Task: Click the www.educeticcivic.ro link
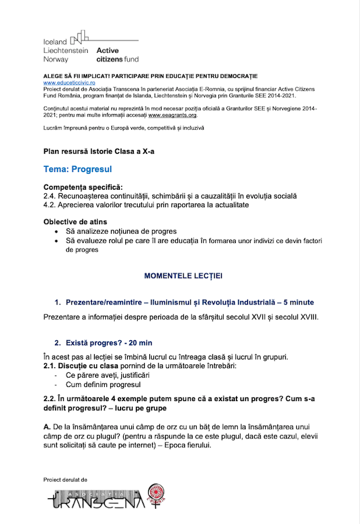pyautogui.click(x=66, y=83)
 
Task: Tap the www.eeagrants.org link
pyautogui.click(x=172, y=115)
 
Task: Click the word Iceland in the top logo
pyautogui.click(x=55, y=42)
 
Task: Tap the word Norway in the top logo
pyautogui.click(x=56, y=59)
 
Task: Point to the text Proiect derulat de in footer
pyautogui.click(x=65, y=479)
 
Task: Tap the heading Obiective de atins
pyautogui.click(x=75, y=222)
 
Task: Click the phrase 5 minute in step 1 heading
pyautogui.click(x=299, y=302)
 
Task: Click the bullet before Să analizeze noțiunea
pyautogui.click(x=56, y=231)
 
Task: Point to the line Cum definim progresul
pyautogui.click(x=103, y=385)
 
